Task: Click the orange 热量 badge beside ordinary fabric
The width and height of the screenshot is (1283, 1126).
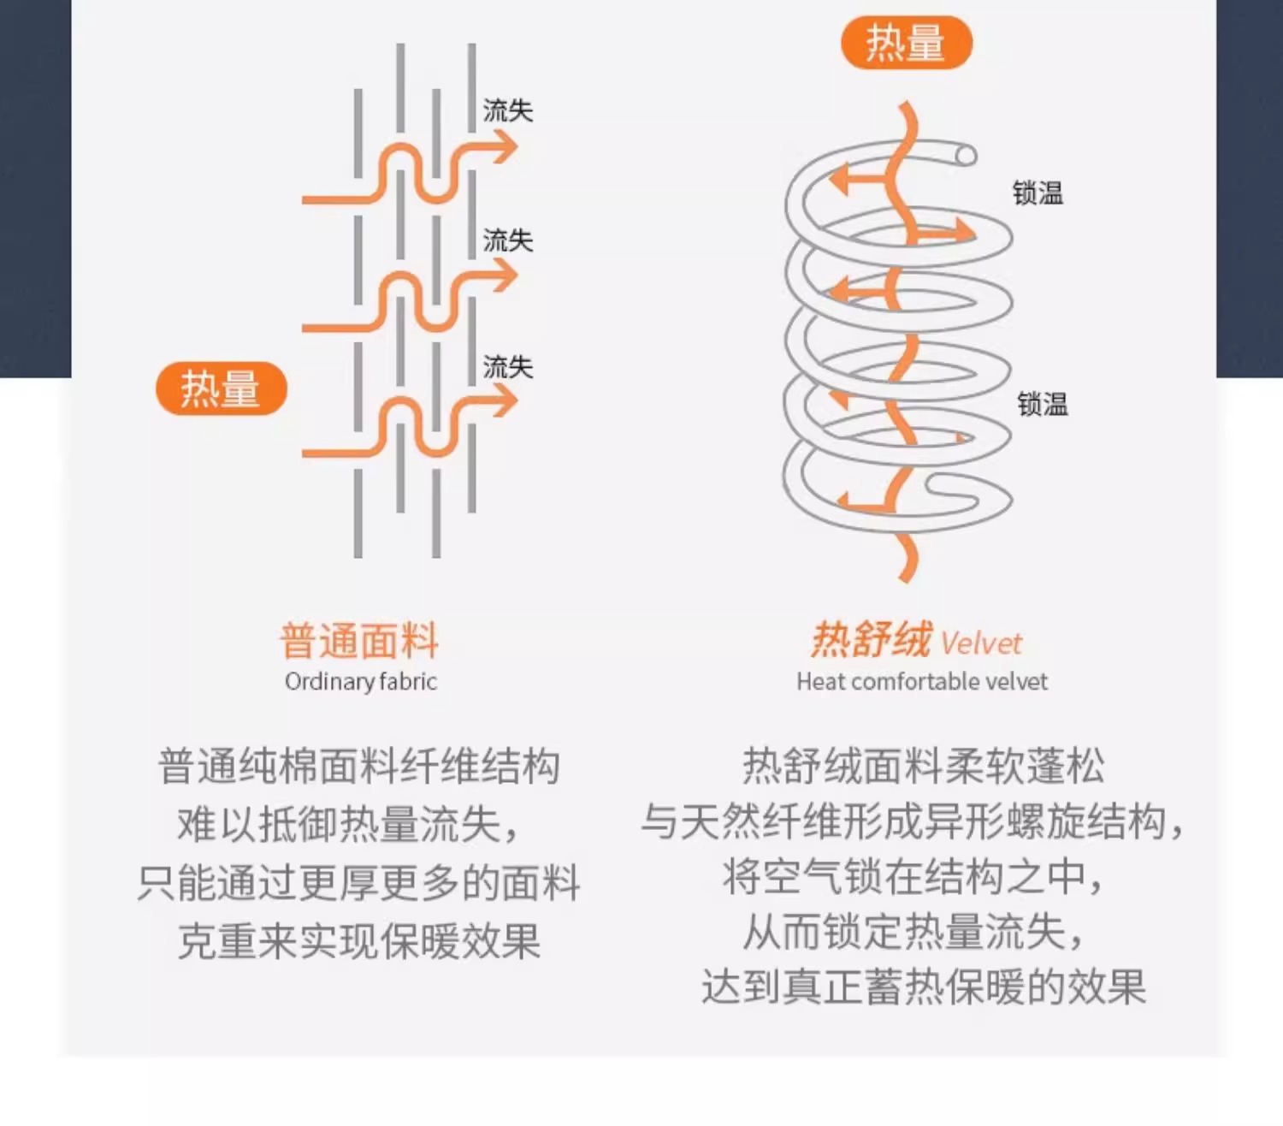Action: (x=221, y=389)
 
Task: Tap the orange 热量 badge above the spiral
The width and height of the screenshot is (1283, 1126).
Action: (x=907, y=43)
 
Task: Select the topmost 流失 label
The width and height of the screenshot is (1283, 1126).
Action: (x=507, y=110)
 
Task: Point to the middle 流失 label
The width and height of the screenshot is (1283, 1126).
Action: (x=507, y=240)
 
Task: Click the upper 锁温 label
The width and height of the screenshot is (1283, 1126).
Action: (x=1038, y=193)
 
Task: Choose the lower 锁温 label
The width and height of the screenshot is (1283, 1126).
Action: (x=1043, y=404)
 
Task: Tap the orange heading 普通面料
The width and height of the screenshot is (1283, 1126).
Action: (x=359, y=641)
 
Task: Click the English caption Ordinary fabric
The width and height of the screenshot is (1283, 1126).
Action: (x=360, y=682)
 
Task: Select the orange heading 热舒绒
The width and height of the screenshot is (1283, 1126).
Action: (x=871, y=640)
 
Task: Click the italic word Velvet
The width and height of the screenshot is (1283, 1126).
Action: (x=981, y=643)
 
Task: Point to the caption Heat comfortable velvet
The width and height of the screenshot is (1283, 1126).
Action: (x=921, y=682)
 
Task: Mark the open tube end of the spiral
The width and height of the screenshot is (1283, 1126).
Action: (x=966, y=156)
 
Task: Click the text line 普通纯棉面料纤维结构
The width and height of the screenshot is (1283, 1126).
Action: (x=359, y=766)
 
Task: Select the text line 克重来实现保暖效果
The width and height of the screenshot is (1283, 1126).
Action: (x=359, y=942)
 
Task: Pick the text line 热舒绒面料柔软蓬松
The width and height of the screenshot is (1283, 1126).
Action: (x=923, y=766)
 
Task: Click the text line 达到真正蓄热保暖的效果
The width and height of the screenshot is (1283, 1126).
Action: (x=923, y=987)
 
